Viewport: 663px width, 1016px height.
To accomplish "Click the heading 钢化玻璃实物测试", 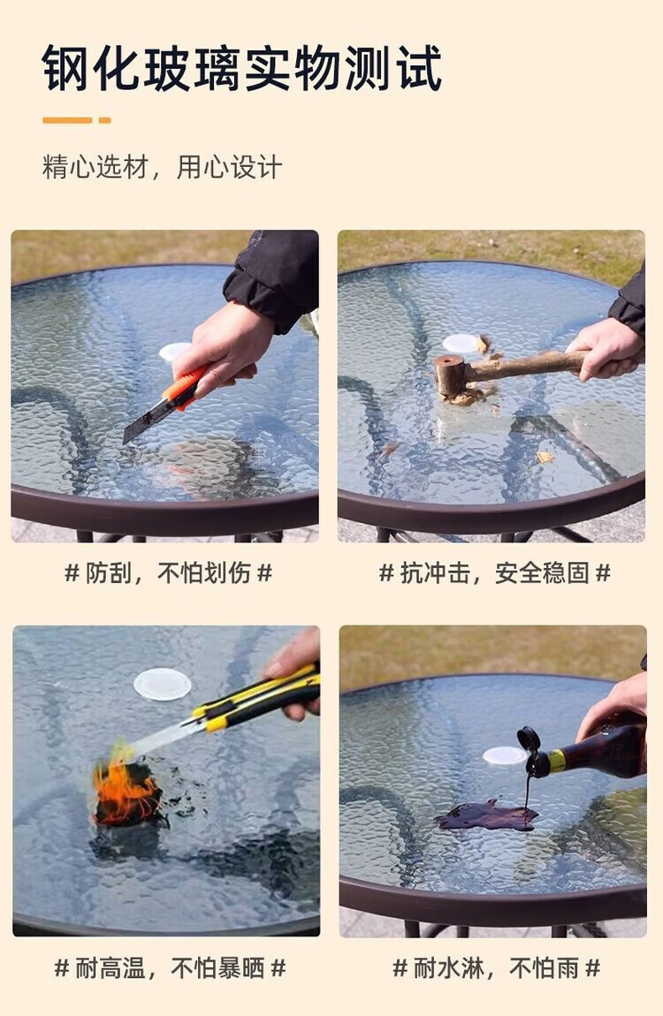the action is [241, 68].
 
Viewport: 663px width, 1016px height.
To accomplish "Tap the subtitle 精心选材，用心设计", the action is [162, 167].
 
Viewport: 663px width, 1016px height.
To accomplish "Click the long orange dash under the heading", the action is [67, 120].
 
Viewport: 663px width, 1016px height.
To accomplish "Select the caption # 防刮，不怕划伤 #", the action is [168, 572].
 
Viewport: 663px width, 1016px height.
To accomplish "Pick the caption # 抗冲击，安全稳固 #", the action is [494, 572].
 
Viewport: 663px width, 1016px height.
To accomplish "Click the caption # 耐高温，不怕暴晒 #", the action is [171, 968].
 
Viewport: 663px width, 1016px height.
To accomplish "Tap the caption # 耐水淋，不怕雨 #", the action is [497, 968].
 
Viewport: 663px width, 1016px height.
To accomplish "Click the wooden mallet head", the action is [450, 375].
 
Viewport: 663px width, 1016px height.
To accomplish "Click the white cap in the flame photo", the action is [162, 684].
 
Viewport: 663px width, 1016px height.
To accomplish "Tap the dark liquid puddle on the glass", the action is [487, 815].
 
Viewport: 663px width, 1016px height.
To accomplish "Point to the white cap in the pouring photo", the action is [504, 755].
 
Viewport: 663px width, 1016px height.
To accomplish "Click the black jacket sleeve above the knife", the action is [272, 277].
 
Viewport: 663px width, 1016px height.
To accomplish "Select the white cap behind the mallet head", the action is [461, 344].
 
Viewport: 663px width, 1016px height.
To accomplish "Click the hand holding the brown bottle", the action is [615, 706].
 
